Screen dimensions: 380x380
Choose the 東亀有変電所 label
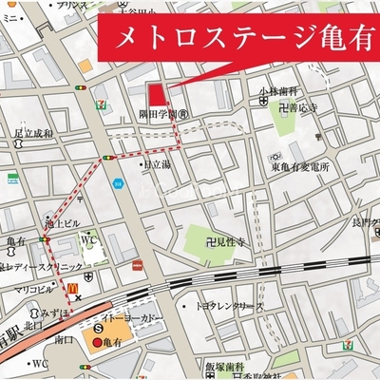pyautogui.click(x=299, y=167)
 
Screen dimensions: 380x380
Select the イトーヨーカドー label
pyautogui.click(x=132, y=315)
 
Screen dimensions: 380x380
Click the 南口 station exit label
pyautogui.click(x=64, y=338)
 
